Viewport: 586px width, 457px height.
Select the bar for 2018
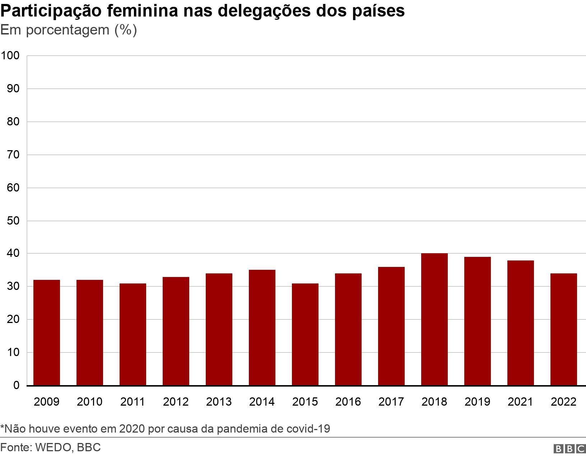click(x=434, y=319)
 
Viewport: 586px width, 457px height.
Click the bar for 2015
click(x=305, y=334)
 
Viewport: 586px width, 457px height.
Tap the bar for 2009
click(x=46, y=333)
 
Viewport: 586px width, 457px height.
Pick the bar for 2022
click(x=563, y=329)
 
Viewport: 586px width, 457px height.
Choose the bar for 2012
click(x=176, y=331)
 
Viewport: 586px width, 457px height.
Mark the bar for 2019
click(x=477, y=321)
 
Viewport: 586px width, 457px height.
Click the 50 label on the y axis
click(x=13, y=221)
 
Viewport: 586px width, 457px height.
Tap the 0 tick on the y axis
click(x=17, y=386)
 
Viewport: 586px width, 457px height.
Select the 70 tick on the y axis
click(x=13, y=155)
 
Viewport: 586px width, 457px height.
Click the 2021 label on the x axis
click(x=520, y=401)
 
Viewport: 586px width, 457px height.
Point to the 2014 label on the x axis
click(x=262, y=401)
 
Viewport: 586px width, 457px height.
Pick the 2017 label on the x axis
click(x=391, y=401)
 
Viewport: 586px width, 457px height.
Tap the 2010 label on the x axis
click(x=89, y=401)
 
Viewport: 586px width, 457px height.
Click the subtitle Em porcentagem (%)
click(x=69, y=30)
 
